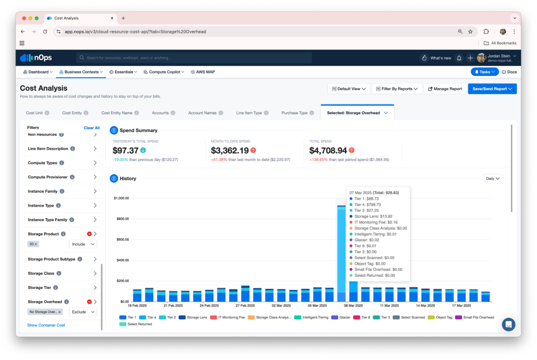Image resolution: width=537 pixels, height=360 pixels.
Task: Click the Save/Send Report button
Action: [492, 89]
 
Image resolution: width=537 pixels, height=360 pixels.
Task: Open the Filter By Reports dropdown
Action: [397, 89]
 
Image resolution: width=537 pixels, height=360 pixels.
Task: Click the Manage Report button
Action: [445, 89]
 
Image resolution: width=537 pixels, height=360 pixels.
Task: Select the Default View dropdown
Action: [349, 89]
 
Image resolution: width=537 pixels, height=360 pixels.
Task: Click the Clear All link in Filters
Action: [92, 127]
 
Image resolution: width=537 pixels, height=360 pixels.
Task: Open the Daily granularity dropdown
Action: [493, 178]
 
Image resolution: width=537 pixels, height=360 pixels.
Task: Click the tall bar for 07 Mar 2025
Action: [341, 254]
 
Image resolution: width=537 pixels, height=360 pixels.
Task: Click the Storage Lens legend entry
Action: [193, 318]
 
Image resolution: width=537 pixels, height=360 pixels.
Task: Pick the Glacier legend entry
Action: [341, 318]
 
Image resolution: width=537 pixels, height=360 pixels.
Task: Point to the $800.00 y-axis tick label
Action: [123, 219]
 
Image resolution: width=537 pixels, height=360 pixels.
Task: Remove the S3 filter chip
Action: [36, 244]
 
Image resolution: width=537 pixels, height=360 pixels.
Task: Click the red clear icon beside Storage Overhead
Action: [89, 302]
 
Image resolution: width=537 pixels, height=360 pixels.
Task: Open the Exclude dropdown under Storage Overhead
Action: [83, 312]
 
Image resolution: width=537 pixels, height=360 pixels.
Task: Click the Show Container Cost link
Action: [46, 325]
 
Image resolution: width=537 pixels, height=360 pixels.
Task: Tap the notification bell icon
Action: [459, 58]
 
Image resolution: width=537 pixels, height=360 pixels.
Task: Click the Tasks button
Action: [485, 72]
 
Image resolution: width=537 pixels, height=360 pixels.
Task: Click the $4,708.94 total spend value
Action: [328, 150]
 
